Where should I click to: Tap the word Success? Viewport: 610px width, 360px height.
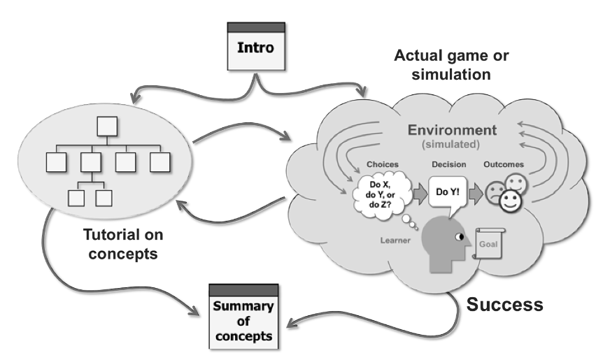[x=504, y=305]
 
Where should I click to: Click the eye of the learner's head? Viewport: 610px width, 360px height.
[x=458, y=240]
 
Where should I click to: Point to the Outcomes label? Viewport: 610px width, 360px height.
[x=504, y=165]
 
